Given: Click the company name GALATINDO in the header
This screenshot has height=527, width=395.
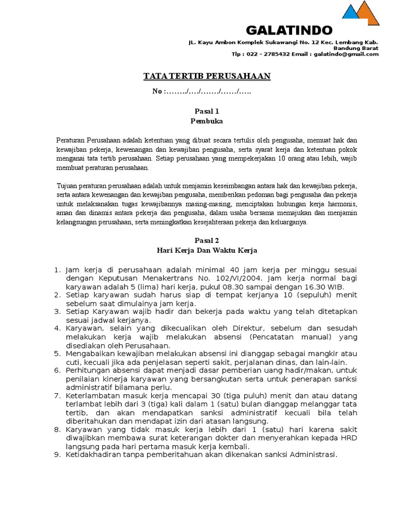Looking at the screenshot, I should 289,29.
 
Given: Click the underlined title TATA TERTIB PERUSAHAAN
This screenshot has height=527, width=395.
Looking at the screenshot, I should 207,77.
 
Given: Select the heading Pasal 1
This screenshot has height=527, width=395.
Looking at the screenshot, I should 207,111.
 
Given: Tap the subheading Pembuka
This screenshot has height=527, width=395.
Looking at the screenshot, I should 207,121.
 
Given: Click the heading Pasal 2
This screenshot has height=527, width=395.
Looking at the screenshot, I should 207,240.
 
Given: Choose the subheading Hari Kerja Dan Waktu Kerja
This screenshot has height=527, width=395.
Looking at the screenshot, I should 207,251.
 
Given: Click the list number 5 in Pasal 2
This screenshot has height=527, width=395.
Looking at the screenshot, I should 57,354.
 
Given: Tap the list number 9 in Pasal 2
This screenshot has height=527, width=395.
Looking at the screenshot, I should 57,454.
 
